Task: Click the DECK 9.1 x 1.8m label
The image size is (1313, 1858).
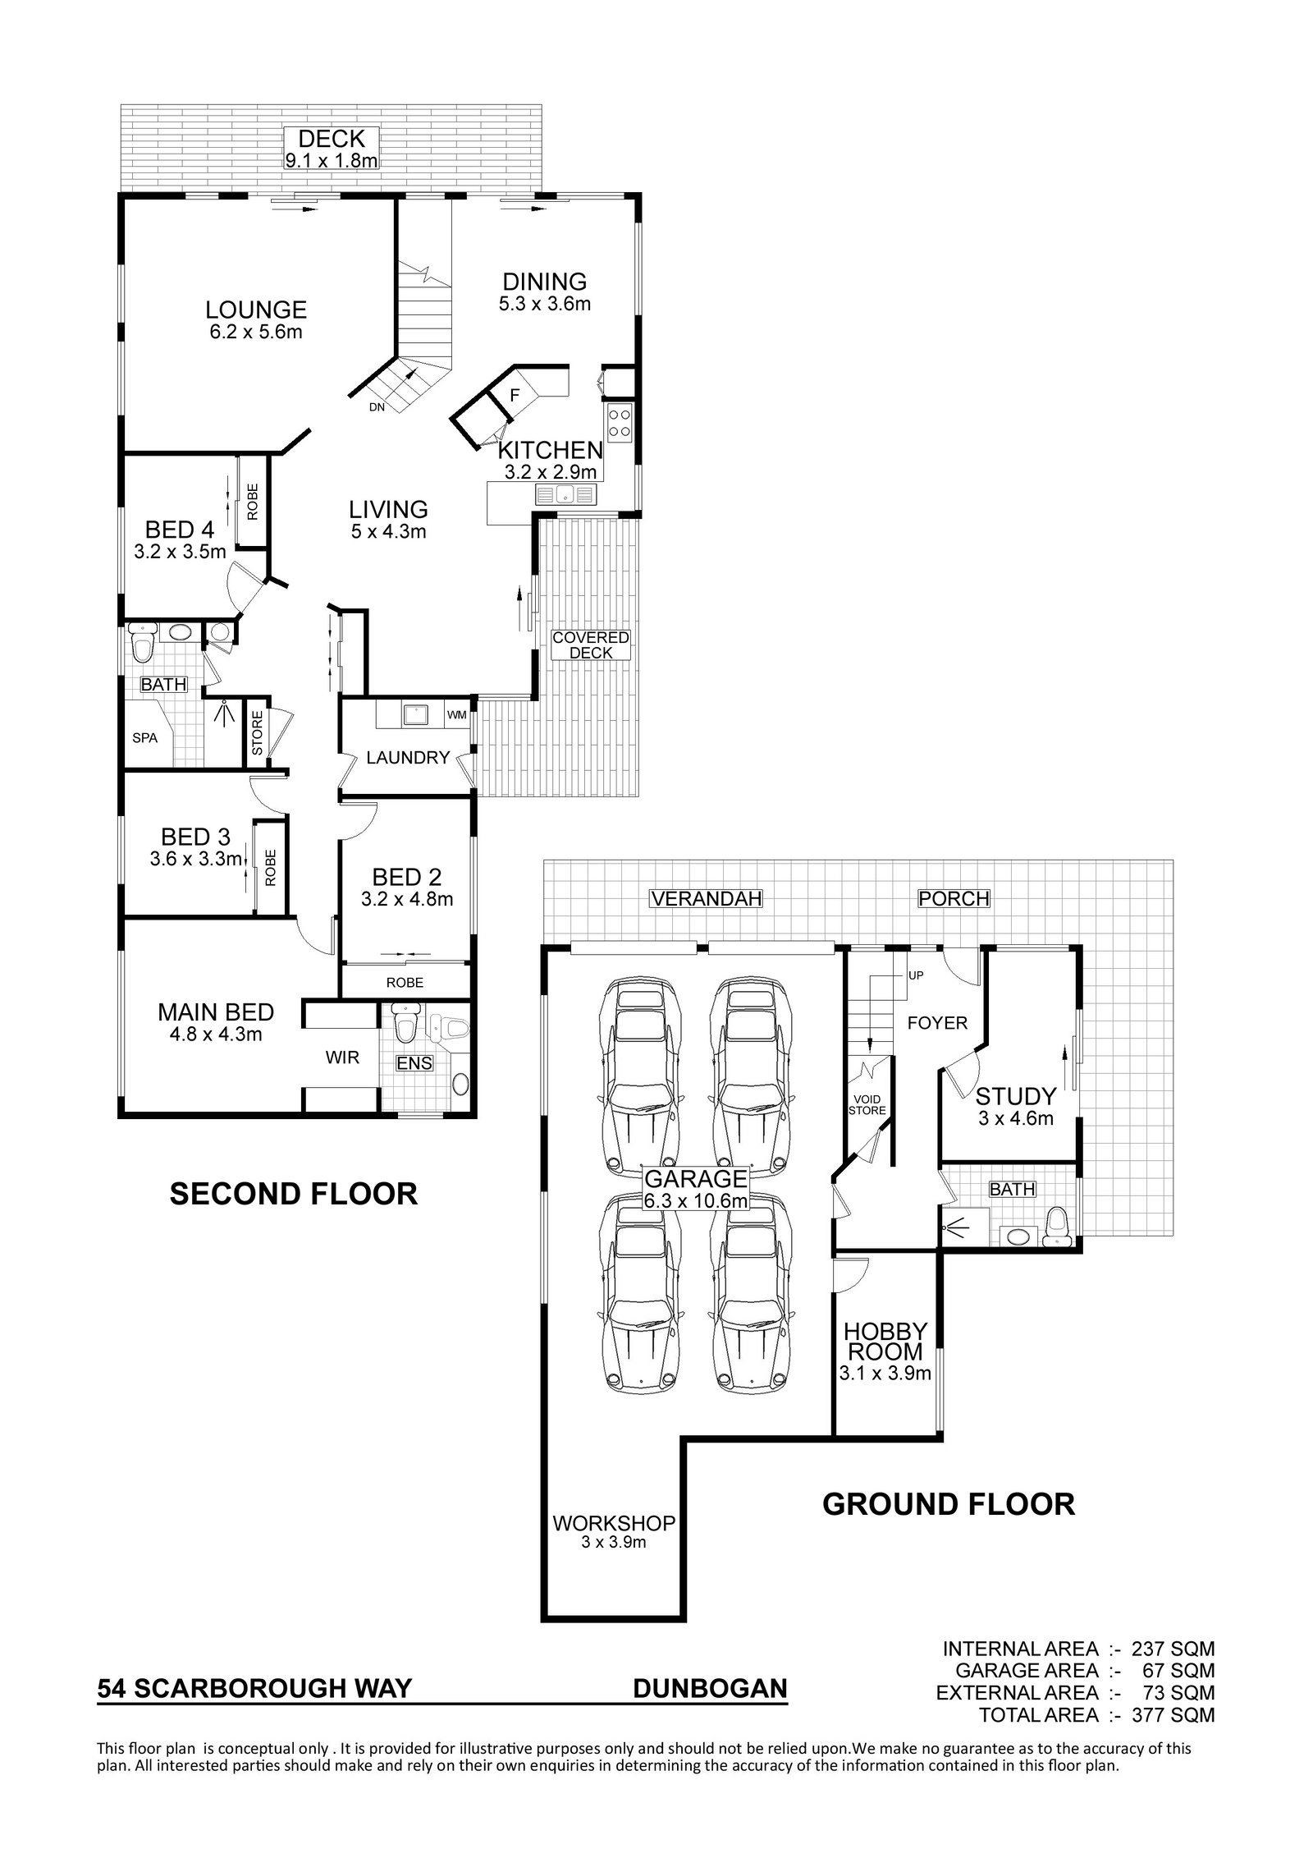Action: click(x=332, y=149)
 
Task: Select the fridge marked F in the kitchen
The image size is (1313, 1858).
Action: click(x=515, y=395)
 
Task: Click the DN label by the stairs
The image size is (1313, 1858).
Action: click(x=377, y=406)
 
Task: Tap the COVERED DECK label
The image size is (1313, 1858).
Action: click(x=591, y=645)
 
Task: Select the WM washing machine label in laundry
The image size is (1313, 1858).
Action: click(x=457, y=714)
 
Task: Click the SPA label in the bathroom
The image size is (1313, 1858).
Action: click(x=145, y=737)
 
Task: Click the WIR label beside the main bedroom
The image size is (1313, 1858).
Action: click(x=343, y=1057)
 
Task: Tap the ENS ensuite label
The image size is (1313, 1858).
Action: click(x=414, y=1063)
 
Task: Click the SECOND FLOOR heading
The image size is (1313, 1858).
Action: click(x=294, y=1193)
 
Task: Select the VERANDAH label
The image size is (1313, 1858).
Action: click(x=707, y=898)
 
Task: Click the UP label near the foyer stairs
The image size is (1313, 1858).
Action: click(x=916, y=975)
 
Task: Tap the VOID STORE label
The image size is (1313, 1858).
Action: click(x=868, y=1105)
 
